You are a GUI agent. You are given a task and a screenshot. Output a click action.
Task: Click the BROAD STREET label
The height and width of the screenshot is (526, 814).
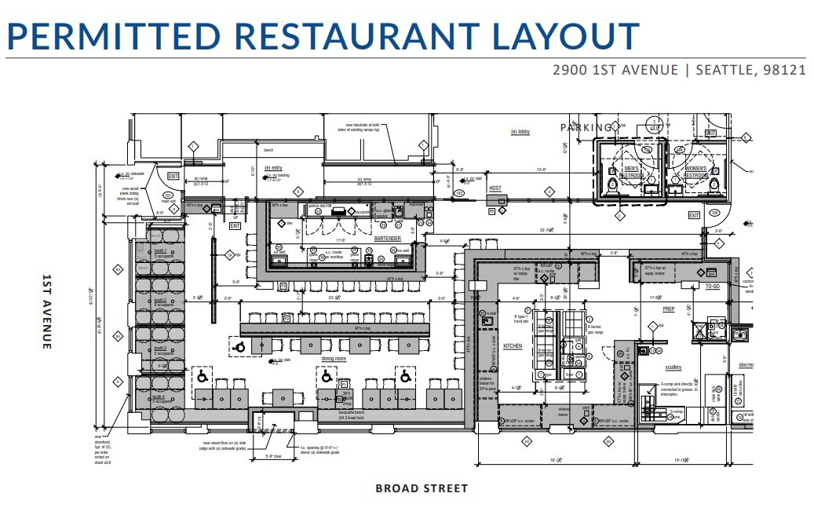coord(422,488)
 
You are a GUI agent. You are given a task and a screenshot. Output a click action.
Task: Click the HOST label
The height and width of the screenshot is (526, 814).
coord(495,188)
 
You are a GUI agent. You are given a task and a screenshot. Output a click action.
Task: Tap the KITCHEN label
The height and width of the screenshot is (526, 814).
coord(512,345)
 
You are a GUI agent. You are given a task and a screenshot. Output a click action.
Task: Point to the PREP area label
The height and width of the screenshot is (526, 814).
coord(658,309)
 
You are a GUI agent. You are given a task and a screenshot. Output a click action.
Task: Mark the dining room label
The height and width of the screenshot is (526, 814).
coord(334,358)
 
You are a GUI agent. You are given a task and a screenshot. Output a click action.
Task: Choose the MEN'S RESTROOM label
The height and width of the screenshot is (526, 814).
coord(632,172)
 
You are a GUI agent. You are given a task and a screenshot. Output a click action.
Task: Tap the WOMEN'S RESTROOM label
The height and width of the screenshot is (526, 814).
coord(696,172)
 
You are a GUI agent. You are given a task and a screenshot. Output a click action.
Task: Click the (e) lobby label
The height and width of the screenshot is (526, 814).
coord(520,132)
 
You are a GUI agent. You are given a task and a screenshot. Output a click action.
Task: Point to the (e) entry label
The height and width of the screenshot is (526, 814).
coord(273,167)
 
